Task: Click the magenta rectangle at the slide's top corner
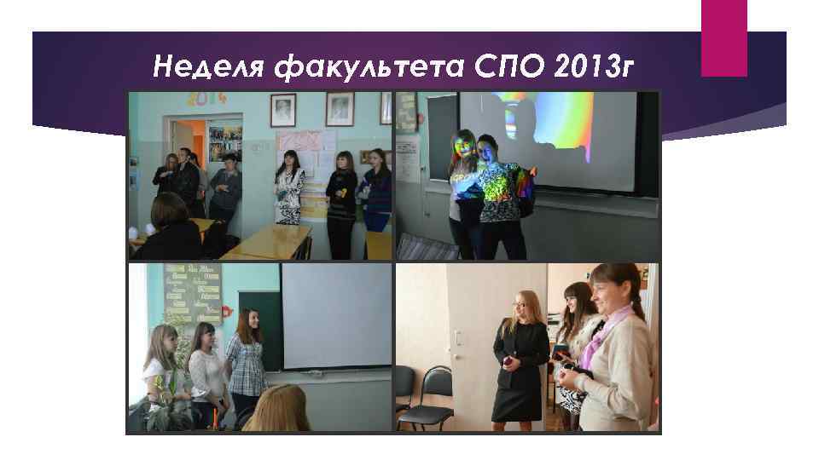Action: (x=723, y=37)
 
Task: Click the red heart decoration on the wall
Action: (x=227, y=312)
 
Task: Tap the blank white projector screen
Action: (x=336, y=315)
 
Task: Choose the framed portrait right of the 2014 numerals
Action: (x=282, y=110)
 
